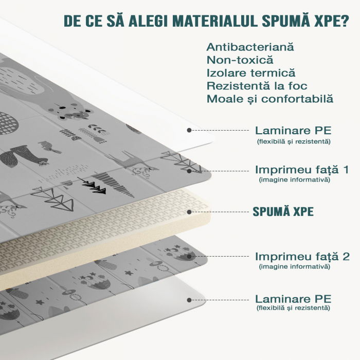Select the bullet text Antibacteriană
[250, 47]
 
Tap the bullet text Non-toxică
[240, 60]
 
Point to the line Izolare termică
[251, 73]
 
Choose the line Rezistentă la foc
[257, 86]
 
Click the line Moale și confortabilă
[270, 99]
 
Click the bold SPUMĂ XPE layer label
[283, 211]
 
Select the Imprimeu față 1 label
[302, 170]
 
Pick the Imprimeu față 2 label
[302, 257]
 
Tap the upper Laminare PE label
[294, 131]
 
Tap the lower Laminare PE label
[294, 299]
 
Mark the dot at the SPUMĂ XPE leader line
[189, 212]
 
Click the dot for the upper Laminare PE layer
[189, 131]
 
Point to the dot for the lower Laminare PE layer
[189, 300]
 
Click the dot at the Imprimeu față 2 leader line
[189, 257]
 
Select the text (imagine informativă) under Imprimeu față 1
[295, 179]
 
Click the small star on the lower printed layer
[129, 273]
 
